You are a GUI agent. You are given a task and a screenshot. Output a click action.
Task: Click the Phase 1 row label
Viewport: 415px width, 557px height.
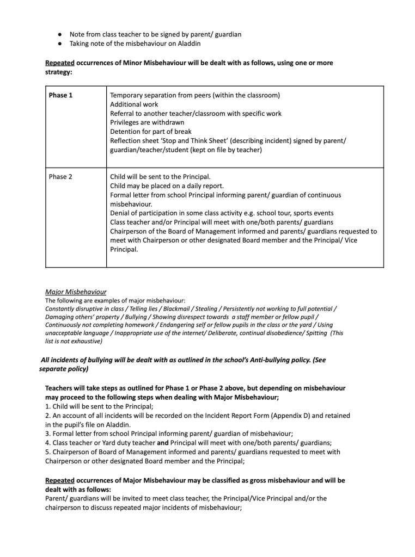pos(60,95)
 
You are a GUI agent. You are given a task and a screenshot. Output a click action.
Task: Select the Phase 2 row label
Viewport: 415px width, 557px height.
pos(60,177)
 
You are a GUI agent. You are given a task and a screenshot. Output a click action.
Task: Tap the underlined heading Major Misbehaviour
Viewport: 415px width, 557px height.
pos(75,292)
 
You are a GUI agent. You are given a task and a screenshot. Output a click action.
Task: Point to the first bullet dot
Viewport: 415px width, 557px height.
pos(58,34)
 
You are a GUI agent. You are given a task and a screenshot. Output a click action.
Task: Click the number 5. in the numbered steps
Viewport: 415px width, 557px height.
pos(48,452)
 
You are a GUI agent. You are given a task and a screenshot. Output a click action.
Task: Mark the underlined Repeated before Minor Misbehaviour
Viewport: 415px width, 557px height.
pos(60,63)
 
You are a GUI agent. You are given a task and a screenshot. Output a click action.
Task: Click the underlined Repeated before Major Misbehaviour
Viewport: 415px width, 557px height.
pos(60,481)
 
